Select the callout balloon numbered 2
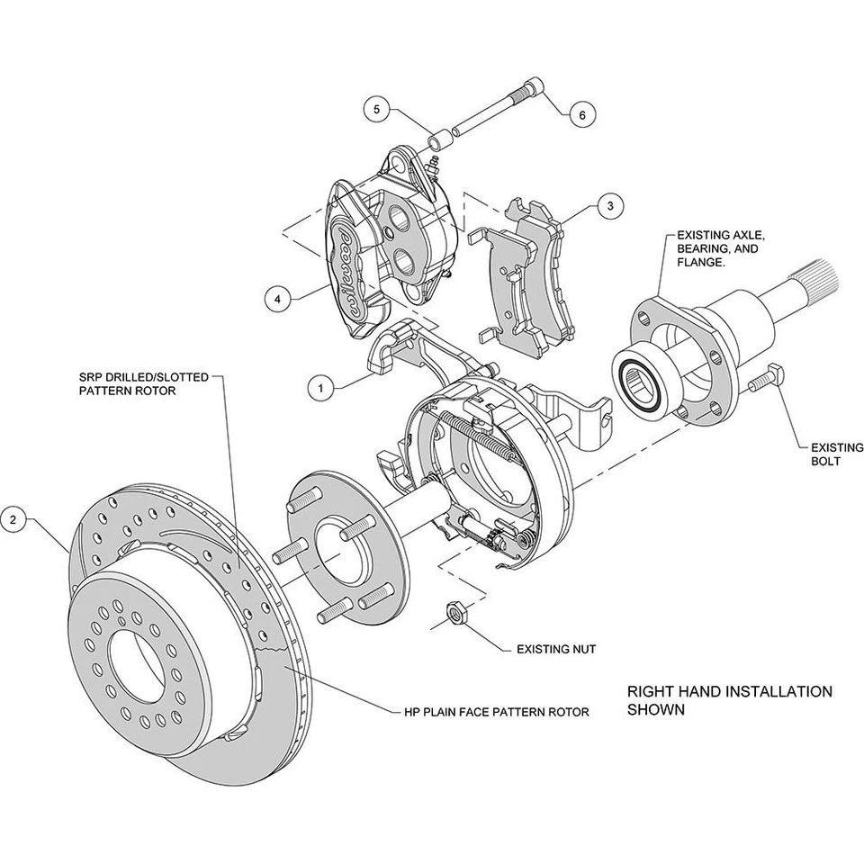[13, 518]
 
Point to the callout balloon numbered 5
[377, 110]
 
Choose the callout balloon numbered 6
[581, 115]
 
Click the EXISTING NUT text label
[556, 648]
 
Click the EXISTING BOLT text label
[825, 453]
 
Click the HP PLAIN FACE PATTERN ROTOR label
[496, 712]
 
